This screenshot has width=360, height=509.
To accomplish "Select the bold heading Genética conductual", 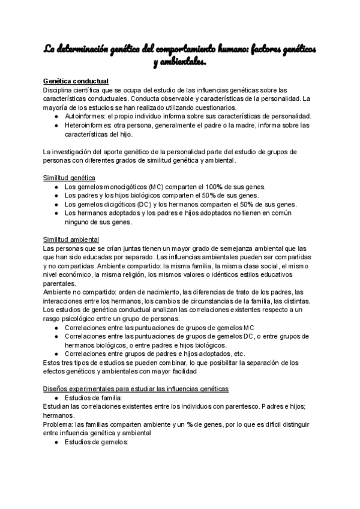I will (75, 81).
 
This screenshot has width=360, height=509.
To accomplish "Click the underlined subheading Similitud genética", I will (69, 178).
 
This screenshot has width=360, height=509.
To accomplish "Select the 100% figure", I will (208, 187).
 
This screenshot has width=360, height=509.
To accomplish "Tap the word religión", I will (129, 274).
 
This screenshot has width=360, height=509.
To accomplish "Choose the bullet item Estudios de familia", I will (93, 397).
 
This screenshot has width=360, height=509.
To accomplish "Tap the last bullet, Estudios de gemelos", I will (97, 442).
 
